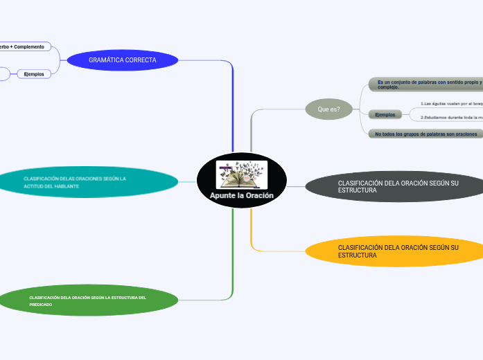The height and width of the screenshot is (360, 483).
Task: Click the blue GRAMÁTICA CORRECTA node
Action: [123, 60]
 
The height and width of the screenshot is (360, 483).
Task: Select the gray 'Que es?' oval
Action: [329, 109]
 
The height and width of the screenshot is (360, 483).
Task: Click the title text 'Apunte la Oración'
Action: [241, 196]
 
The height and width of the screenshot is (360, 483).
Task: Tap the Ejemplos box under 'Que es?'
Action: [385, 114]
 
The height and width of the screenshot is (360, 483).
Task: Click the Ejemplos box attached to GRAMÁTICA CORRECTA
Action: [34, 73]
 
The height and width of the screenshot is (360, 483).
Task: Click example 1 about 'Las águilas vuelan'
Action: [451, 103]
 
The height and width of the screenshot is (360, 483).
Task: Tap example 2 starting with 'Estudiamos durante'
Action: [451, 118]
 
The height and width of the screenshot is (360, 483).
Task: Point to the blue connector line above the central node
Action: [233, 111]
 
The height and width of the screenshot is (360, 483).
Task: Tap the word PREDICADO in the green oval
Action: [41, 305]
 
